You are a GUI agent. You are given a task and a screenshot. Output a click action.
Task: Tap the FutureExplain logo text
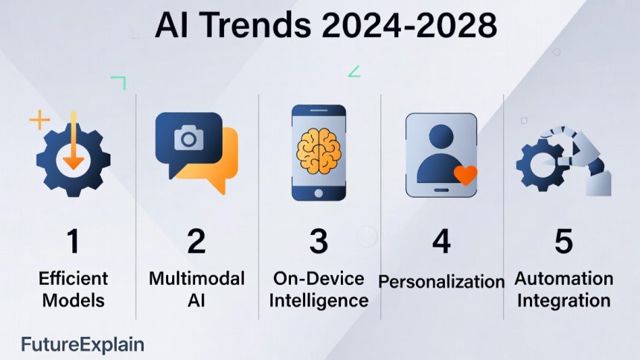click(x=83, y=344)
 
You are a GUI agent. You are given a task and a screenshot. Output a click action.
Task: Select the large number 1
click(x=73, y=241)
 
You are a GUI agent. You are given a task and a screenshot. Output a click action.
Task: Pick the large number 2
click(x=196, y=241)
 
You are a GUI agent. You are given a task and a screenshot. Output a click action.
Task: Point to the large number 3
click(x=319, y=241)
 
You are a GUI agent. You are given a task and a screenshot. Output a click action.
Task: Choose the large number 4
click(x=441, y=241)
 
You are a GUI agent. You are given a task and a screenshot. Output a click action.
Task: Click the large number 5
click(x=563, y=241)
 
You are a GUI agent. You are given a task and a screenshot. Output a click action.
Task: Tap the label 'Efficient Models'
click(x=74, y=289)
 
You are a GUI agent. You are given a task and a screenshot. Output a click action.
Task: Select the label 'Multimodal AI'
click(x=196, y=289)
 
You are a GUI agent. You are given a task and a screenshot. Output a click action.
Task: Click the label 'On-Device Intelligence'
click(x=319, y=289)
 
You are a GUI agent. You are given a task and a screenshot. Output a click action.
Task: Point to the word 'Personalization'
click(x=441, y=282)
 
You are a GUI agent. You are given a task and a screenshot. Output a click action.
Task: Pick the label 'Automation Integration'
click(x=564, y=289)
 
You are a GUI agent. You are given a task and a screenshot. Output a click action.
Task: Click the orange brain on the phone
click(x=319, y=145)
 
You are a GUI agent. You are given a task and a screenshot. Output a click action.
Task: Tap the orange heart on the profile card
click(x=464, y=176)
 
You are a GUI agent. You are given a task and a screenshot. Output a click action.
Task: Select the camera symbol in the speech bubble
click(x=188, y=138)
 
